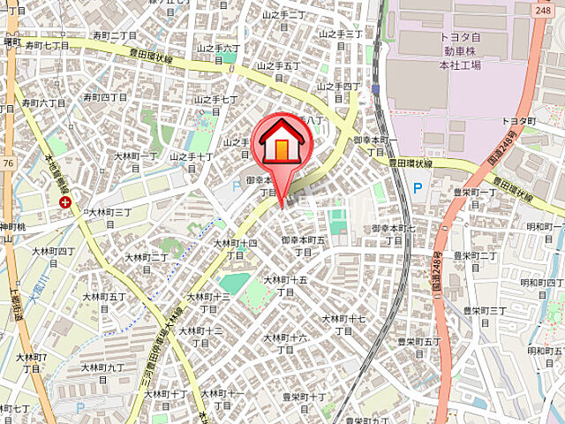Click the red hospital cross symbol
(65, 202)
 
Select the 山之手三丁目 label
(341, 40)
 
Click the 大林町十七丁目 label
(343, 324)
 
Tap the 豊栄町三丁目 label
(485, 316)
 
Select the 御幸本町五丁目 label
(303, 246)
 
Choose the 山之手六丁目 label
(218, 54)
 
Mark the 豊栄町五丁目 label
(418, 347)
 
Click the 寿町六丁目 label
(43, 109)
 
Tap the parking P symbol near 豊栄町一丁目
(417, 187)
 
